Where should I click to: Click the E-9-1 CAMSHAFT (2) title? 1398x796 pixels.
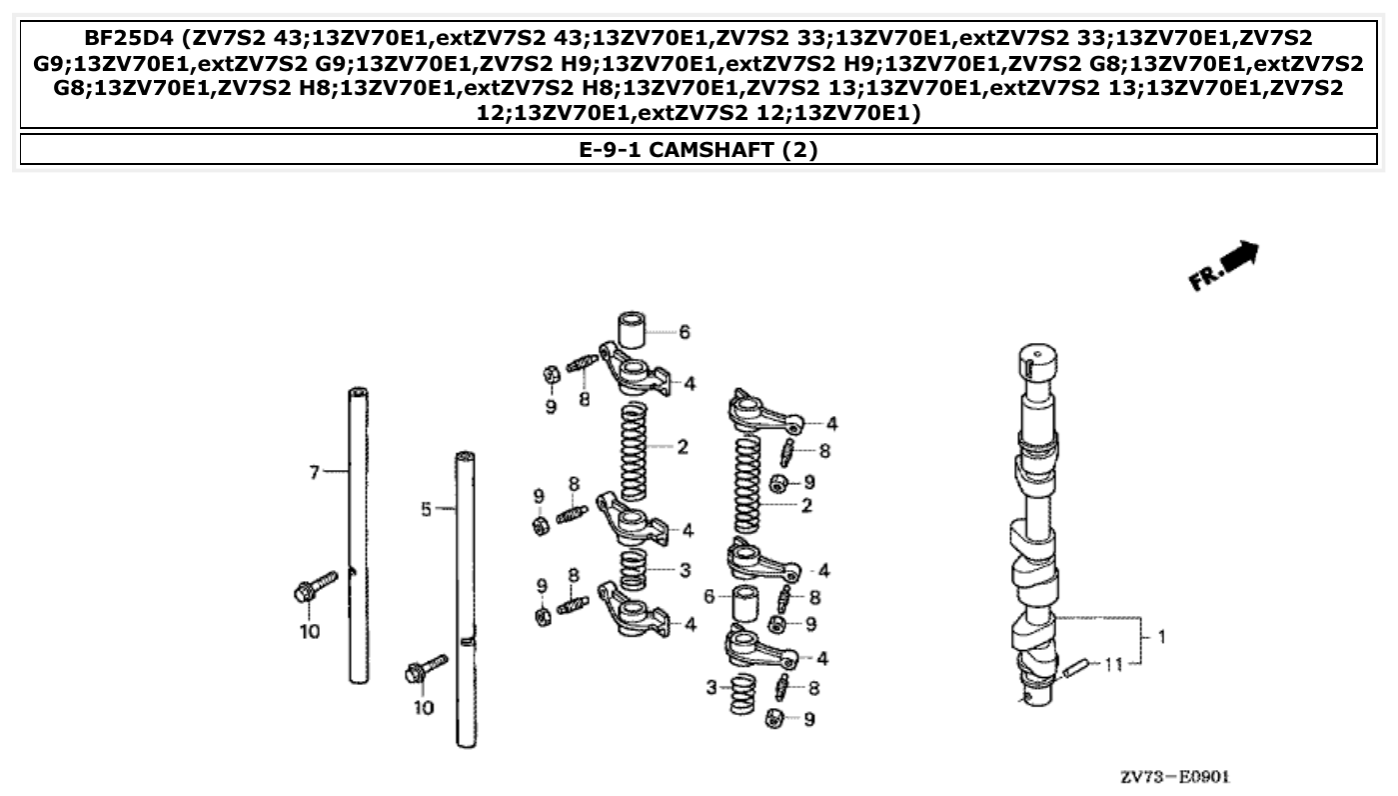699,150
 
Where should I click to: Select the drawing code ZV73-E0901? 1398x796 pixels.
1174,777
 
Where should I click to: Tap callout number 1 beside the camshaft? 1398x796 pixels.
1160,636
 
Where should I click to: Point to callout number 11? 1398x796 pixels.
1115,663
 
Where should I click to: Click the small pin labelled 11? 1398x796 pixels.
1074,668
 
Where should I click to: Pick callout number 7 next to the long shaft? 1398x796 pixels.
314,471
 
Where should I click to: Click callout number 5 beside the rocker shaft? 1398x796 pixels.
426,509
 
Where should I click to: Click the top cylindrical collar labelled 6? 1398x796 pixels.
631,330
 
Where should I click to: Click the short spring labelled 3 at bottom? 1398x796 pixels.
742,694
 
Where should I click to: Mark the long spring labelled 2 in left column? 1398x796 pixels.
634,450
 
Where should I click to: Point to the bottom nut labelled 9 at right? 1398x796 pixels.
773,717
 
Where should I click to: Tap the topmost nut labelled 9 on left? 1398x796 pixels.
550,375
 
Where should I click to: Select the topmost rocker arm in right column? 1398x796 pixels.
764,412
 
